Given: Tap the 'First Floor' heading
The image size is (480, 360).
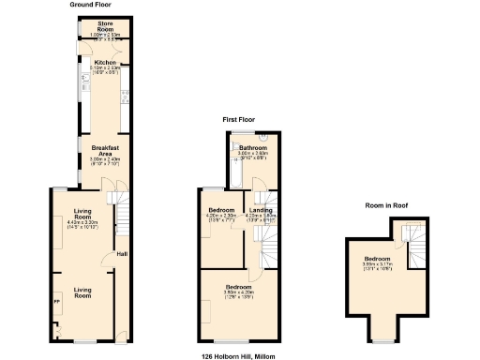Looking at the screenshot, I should (x=238, y=119).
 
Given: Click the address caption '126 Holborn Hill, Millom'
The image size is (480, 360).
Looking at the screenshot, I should (x=240, y=355).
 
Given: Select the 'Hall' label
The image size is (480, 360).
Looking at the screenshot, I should (x=121, y=254).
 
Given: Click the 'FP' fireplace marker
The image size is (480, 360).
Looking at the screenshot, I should (x=55, y=302).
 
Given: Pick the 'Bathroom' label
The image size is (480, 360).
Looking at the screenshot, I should (x=253, y=148).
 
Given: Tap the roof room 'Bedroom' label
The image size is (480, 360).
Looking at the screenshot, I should (x=377, y=258).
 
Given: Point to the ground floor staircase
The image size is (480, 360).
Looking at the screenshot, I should (x=118, y=212).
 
